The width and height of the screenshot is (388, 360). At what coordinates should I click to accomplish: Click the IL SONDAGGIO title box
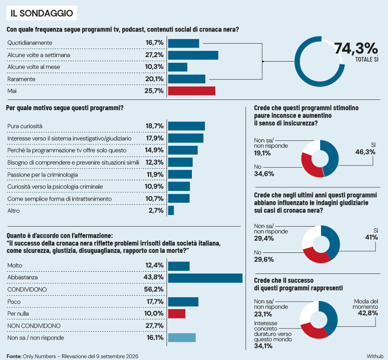(x=42, y=13)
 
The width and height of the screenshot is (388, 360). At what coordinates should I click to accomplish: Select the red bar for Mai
(x=192, y=91)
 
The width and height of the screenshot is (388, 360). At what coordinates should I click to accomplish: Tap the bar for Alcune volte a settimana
(x=193, y=55)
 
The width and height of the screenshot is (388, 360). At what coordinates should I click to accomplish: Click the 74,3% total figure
(x=356, y=48)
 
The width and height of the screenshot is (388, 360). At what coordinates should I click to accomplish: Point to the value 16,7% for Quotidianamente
(x=154, y=43)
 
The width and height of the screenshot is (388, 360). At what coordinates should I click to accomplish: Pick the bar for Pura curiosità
(x=186, y=126)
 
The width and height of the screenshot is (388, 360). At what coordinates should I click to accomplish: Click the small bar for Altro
(x=171, y=210)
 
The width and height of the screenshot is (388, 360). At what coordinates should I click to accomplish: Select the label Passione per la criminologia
(x=43, y=175)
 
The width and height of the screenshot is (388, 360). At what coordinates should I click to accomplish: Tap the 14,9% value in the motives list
(x=154, y=150)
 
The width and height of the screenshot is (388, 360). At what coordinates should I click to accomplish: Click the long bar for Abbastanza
(x=205, y=278)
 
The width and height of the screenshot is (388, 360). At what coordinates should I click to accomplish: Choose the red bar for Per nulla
(x=177, y=313)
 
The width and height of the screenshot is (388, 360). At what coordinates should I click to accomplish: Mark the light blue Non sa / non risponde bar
(x=182, y=338)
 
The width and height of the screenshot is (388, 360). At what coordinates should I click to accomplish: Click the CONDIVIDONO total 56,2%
(x=154, y=289)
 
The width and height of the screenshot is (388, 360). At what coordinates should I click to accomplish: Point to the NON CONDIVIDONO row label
(x=34, y=326)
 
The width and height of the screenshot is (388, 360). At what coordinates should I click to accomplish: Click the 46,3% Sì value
(x=365, y=152)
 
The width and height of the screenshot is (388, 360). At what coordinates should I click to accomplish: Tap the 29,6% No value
(x=264, y=259)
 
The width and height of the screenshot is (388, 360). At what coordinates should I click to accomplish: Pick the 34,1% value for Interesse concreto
(x=263, y=346)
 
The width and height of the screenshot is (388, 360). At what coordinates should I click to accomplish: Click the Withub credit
(x=375, y=356)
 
